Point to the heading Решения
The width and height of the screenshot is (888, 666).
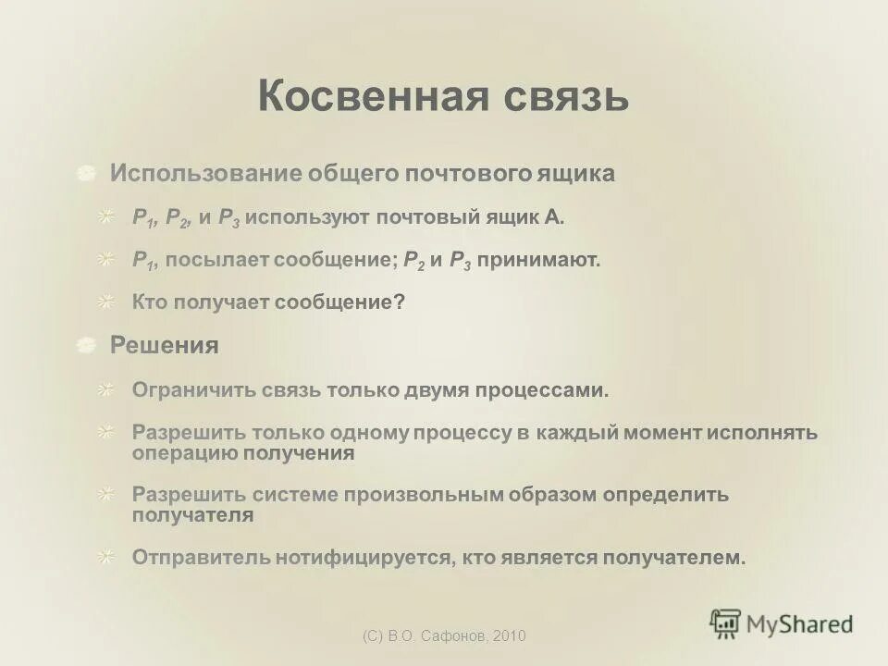click(x=165, y=346)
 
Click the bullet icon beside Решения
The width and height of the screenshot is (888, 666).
click(x=86, y=346)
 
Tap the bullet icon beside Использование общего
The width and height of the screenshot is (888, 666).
click(x=86, y=174)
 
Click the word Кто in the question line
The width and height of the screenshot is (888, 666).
click(x=148, y=302)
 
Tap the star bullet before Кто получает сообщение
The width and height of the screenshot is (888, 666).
click(x=108, y=302)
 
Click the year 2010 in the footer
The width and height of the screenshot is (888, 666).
click(x=510, y=635)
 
